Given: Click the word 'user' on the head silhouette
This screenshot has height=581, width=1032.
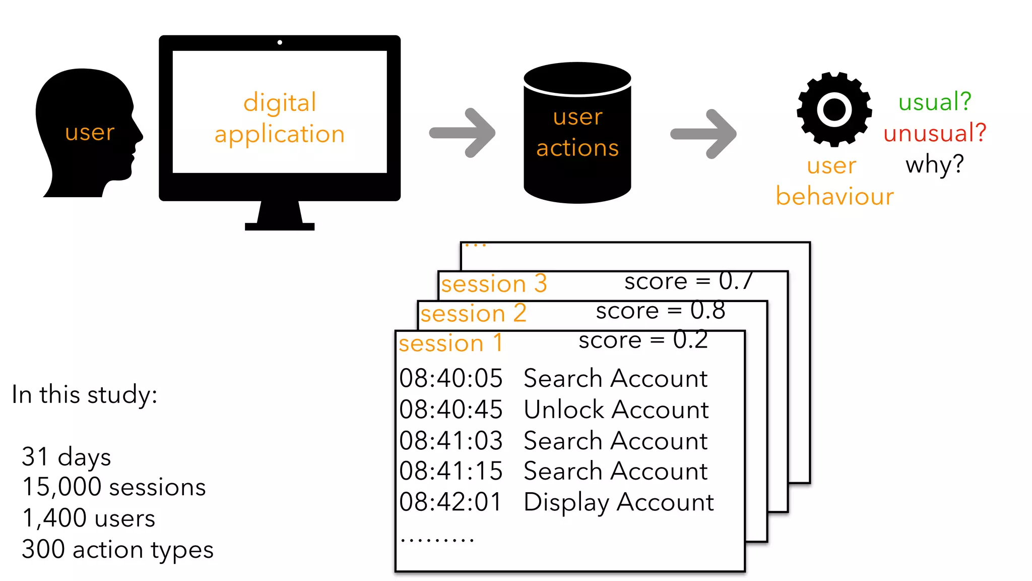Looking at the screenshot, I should (90, 133).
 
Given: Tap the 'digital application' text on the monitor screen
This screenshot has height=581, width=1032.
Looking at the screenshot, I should (280, 119).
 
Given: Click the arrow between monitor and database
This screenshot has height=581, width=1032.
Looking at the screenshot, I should (463, 133).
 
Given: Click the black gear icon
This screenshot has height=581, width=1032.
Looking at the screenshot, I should (834, 109).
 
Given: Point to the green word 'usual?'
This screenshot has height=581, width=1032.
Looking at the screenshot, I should (935, 102).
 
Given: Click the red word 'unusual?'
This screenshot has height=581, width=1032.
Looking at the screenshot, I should (935, 133).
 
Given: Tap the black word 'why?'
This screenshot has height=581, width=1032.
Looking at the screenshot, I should (935, 164).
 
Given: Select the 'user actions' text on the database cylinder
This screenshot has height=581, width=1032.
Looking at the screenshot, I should (577, 133).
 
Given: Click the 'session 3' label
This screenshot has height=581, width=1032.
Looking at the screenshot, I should (494, 284).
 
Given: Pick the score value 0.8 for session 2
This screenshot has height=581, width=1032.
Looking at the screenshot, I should (707, 311).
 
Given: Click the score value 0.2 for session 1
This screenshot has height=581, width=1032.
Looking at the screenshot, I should (690, 340).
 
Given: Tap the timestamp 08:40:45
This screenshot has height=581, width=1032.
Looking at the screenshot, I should (451, 410).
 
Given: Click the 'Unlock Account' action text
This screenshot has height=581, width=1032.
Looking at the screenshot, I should (616, 410).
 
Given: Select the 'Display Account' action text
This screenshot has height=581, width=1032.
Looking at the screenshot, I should (618, 502).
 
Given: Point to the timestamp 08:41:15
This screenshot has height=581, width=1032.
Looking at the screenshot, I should (451, 471).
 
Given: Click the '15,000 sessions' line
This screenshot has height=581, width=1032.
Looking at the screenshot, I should (114, 487).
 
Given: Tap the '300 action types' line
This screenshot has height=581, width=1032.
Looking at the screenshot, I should (117, 549).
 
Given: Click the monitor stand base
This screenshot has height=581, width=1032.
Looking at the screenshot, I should (280, 226).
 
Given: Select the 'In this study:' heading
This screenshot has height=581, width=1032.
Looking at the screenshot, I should (85, 394).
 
